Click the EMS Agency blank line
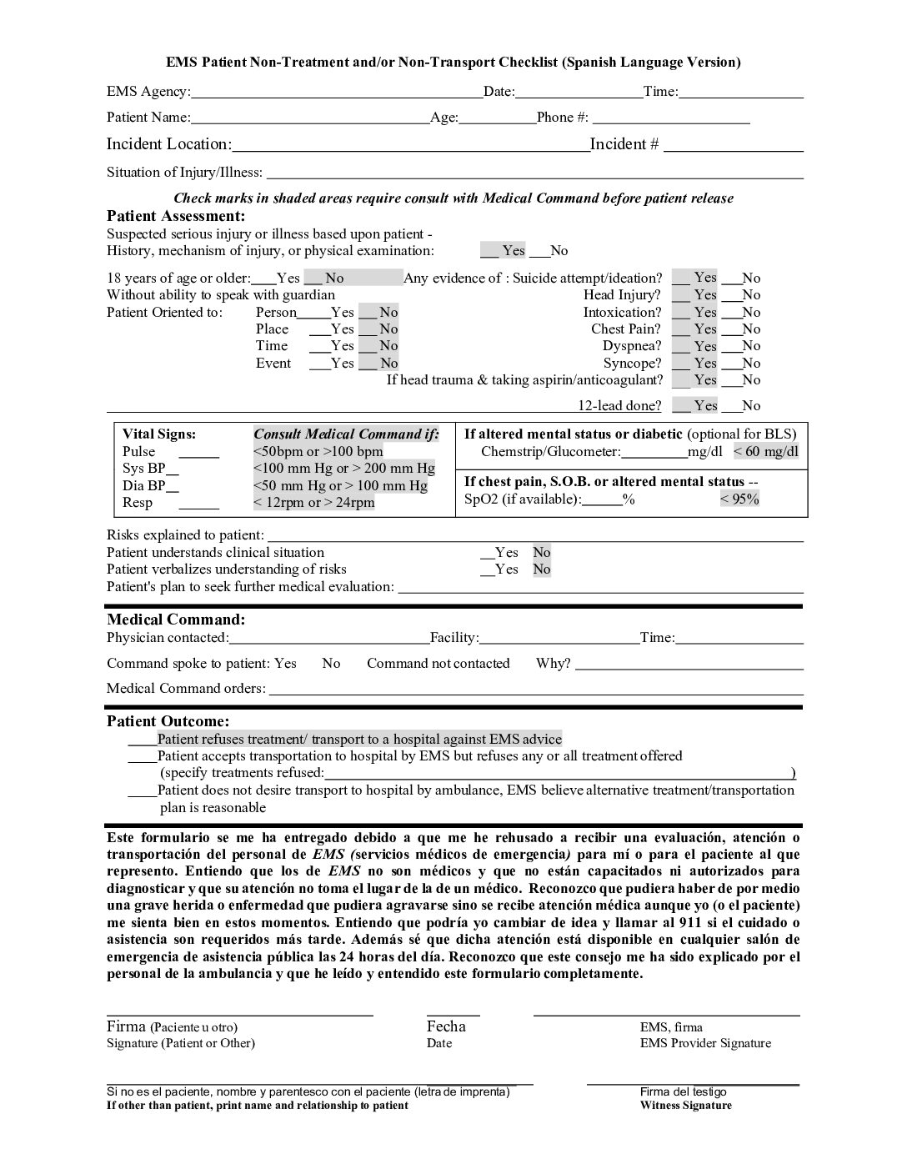point(337,93)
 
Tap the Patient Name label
point(148,118)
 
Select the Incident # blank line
point(733,145)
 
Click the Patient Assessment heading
point(176,216)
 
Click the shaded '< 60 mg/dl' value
point(766,452)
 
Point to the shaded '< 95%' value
point(739,499)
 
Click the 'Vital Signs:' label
point(159,434)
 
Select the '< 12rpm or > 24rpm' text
point(313,503)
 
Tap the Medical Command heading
point(176,620)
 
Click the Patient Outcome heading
point(168,721)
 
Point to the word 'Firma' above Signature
point(126,1026)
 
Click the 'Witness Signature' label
point(685,1106)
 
